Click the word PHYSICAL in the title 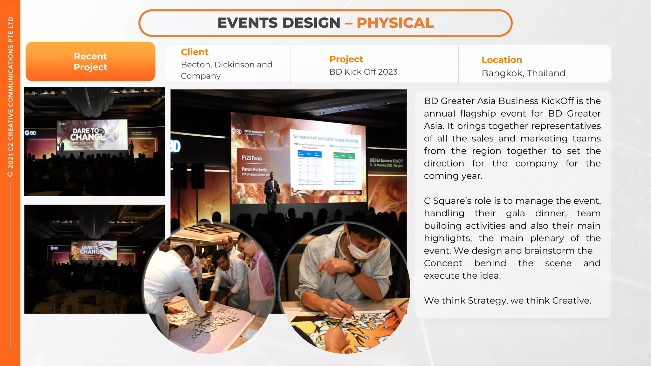coord(395,23)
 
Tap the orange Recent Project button coord(90,62)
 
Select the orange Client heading coord(195,52)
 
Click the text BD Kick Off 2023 coord(363,72)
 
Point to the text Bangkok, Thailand coord(523,73)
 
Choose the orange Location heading coord(502,60)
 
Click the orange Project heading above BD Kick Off coord(346,59)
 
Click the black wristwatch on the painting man coord(354,270)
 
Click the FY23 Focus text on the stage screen coord(252,158)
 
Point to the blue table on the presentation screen coord(309,154)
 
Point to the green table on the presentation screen coord(344,156)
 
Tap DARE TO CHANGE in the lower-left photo coord(91,249)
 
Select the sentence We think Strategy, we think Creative coord(507,301)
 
